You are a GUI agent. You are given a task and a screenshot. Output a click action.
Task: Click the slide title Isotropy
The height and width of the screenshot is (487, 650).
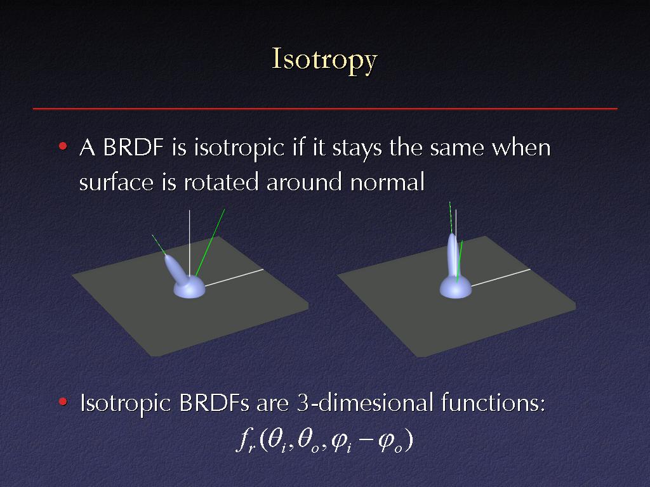[x=324, y=60]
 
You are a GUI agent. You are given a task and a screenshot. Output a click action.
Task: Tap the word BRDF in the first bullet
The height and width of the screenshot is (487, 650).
[x=133, y=147]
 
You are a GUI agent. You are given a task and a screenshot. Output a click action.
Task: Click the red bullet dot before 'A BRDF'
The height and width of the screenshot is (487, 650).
[x=63, y=146]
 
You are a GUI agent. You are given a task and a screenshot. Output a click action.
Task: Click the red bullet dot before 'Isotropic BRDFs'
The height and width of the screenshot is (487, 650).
[x=63, y=401]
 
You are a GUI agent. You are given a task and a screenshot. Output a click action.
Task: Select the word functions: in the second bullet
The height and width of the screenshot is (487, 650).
[x=493, y=403]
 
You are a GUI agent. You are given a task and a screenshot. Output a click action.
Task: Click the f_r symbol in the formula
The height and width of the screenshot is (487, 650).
[x=246, y=442]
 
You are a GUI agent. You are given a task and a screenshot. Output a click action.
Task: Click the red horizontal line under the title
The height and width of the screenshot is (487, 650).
[x=325, y=108]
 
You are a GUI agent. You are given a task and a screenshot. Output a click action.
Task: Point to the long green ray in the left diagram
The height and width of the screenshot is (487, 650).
[x=209, y=243]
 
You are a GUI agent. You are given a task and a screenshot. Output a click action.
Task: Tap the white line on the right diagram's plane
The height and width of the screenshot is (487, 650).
[x=500, y=278]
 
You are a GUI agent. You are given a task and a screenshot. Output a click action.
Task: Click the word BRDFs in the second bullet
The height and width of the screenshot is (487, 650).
[x=213, y=403]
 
